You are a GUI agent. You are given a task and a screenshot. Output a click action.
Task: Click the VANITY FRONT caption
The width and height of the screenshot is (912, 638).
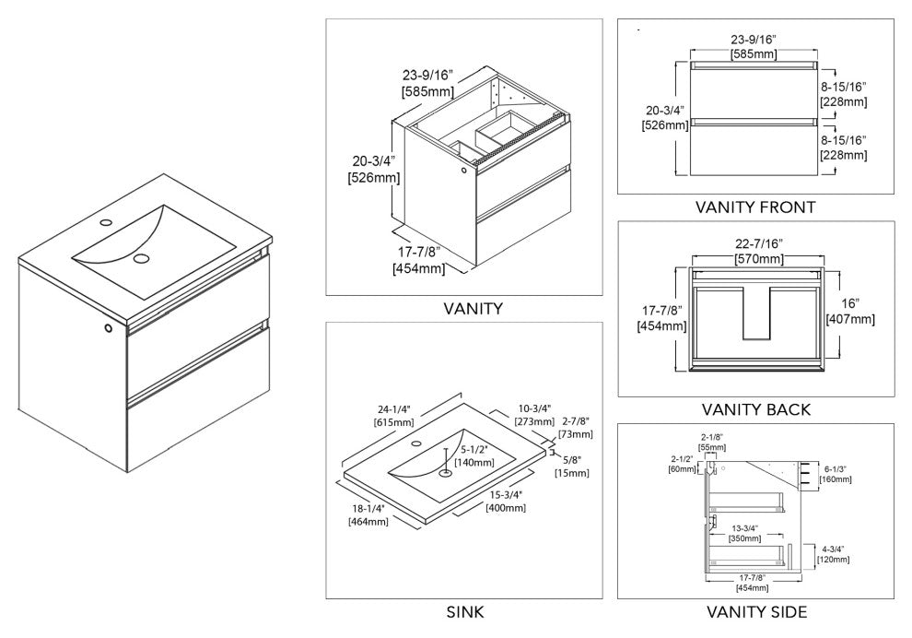(755, 207)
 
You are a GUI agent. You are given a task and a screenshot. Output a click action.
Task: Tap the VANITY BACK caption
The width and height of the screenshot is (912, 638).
(755, 409)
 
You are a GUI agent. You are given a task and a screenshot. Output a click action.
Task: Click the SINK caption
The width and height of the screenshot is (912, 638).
(465, 611)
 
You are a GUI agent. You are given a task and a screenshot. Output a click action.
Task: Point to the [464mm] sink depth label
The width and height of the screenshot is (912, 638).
(368, 521)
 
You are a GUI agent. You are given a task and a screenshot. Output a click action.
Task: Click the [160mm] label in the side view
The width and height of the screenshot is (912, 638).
(836, 479)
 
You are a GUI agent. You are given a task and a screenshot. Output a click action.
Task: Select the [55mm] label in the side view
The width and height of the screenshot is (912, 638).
(713, 446)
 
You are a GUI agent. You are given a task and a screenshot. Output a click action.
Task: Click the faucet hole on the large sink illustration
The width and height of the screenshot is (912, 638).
(105, 223)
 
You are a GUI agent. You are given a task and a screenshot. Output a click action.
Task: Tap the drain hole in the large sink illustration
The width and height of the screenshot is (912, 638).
(140, 259)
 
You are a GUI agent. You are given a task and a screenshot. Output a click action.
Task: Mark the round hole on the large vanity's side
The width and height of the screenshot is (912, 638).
(109, 328)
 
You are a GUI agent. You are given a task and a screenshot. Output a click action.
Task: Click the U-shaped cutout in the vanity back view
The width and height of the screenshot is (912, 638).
(756, 309)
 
